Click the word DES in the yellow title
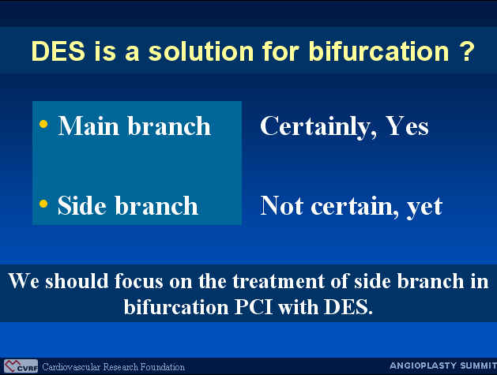58,51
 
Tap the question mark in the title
466,51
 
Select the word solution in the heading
201,51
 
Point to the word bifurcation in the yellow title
378,51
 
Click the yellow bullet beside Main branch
43,124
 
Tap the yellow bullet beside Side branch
43,204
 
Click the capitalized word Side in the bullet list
81,205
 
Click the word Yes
407,126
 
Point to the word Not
281,205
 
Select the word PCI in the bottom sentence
254,307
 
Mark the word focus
138,281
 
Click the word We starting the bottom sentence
24,281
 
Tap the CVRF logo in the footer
21,366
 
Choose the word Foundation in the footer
162,367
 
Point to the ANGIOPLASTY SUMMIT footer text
443,366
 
